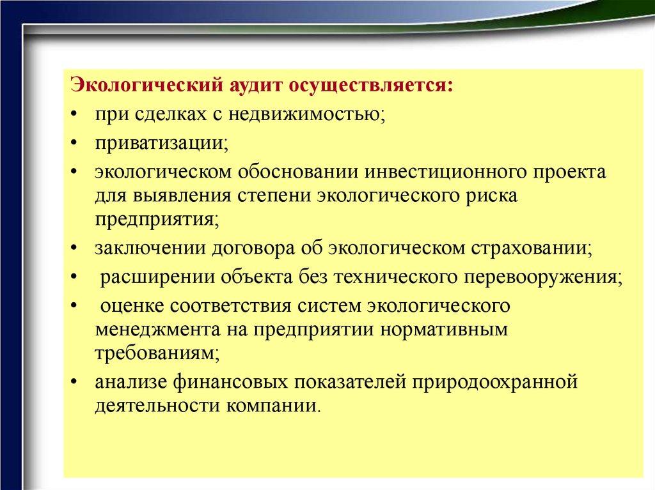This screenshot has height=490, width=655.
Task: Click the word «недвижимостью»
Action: point(306,114)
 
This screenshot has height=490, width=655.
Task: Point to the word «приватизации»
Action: point(162,144)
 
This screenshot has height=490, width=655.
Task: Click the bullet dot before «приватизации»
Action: point(74,143)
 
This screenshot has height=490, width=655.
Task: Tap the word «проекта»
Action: point(569,172)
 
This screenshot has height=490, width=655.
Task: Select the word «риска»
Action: point(492,196)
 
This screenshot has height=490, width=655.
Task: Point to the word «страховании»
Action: point(532,249)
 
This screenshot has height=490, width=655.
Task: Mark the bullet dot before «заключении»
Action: point(74,249)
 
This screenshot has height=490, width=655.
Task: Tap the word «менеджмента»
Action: point(158,330)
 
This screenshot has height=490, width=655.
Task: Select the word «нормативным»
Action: point(445,330)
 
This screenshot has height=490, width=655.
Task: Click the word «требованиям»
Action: point(157,354)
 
